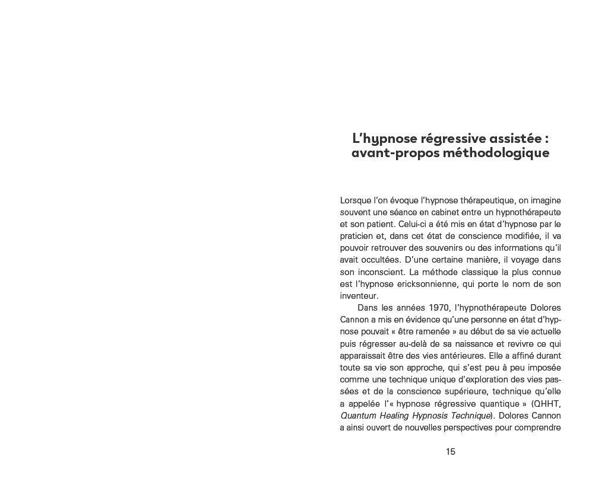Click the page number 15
[451, 452]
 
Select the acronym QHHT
[547, 404]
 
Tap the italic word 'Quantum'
[357, 416]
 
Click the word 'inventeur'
[359, 296]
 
